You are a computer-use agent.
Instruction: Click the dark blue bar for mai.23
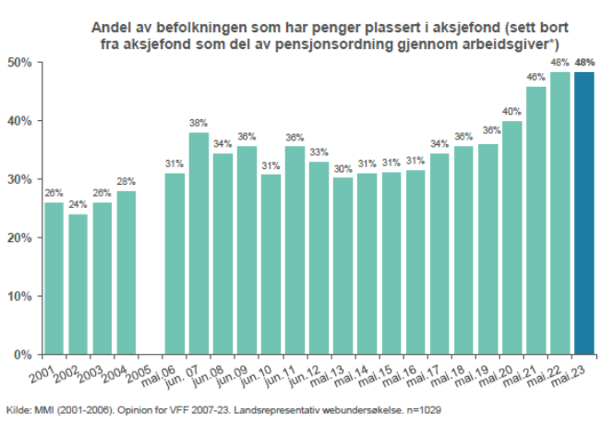click(584, 213)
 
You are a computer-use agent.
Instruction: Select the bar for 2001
click(54, 278)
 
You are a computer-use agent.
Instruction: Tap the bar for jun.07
click(198, 243)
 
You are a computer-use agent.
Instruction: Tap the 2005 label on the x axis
click(139, 374)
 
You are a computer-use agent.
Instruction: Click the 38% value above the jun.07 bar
click(198, 123)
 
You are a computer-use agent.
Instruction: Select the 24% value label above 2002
click(78, 204)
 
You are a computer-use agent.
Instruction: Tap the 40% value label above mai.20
click(511, 111)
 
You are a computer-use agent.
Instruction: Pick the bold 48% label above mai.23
click(584, 62)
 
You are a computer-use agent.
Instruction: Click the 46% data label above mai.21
click(535, 77)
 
